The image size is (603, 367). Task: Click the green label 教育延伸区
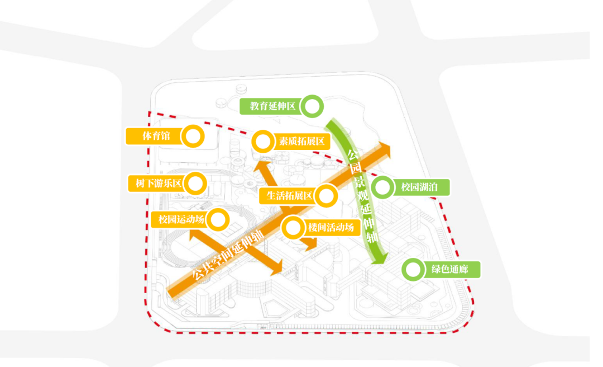[272, 106]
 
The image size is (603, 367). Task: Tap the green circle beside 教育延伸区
[313, 106]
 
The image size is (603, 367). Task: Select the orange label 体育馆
[156, 136]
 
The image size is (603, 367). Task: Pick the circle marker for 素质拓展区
[262, 142]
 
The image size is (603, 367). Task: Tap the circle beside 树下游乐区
[196, 183]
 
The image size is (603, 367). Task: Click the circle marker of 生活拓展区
[326, 196]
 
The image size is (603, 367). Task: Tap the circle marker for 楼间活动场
[293, 228]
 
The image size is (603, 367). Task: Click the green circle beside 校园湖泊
[382, 187]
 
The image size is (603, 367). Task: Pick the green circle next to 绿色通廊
[413, 270]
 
